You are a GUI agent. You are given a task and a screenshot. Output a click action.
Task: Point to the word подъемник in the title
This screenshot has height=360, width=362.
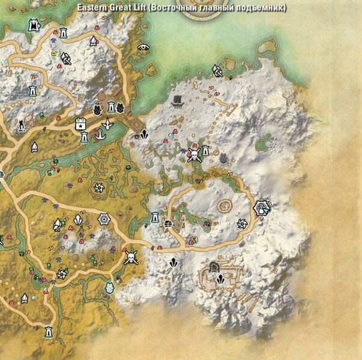coord(263,8)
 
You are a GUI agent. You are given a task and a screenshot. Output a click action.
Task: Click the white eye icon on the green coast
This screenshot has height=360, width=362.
coord(143,46)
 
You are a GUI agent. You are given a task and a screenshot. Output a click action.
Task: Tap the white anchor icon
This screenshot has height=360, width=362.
coord(107,125)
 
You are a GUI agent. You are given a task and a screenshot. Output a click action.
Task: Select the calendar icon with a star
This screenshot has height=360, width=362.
coord(80,124)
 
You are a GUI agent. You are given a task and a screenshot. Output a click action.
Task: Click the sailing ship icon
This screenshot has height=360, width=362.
coord(178,99)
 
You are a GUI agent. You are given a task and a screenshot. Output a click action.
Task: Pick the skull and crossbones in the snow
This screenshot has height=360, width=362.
coord(194,155)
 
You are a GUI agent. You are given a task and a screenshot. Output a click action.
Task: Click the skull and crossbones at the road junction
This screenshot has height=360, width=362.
coord(130,258)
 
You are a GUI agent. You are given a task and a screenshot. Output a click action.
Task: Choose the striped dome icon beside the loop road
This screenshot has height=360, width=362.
coord(169,224)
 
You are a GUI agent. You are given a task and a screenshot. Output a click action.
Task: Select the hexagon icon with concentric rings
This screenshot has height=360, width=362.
coord(105,220)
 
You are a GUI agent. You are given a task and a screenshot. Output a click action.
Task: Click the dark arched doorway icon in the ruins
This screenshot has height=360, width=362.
coord(214,266)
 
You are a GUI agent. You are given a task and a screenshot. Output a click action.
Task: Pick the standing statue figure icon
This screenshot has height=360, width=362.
coord(22,125)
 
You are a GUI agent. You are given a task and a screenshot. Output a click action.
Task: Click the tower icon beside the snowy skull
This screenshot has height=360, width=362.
coord(206,150)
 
